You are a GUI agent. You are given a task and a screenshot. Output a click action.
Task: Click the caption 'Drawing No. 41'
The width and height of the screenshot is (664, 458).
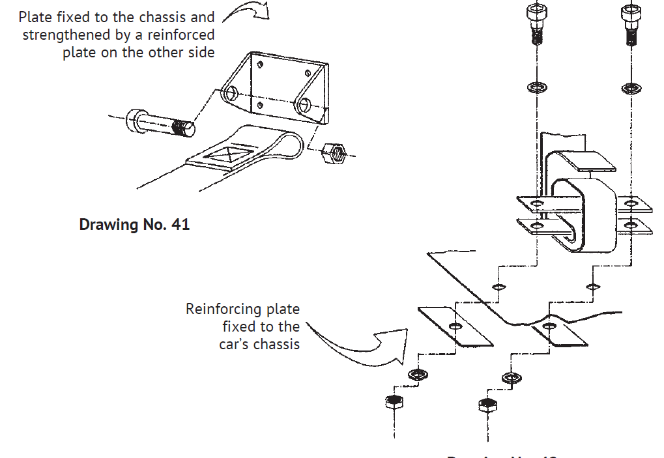(134, 225)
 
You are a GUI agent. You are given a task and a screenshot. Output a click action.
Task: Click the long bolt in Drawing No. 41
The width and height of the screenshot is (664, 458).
(162, 124)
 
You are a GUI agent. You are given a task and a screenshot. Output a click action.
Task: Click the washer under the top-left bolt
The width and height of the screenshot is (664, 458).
(537, 87)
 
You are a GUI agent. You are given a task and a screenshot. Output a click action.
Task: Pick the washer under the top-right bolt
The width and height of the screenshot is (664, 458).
(631, 87)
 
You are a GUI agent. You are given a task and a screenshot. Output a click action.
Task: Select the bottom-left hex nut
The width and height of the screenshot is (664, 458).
(393, 401)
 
